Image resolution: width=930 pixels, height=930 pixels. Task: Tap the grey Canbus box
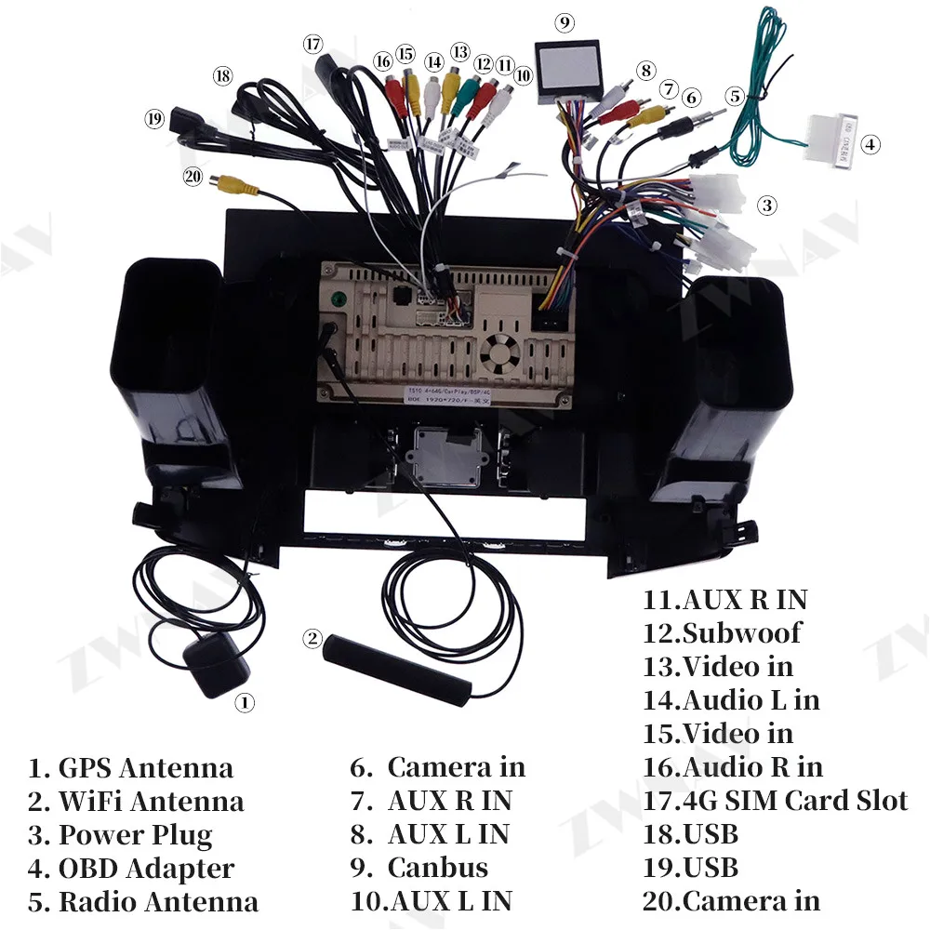click(567, 68)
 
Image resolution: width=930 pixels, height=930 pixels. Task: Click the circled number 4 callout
click(870, 144)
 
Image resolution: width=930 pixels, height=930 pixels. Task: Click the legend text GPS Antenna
click(145, 768)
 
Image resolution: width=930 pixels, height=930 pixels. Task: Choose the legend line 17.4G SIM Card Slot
click(775, 800)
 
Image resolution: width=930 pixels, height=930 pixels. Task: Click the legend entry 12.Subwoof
click(722, 633)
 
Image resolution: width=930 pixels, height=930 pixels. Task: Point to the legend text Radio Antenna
click(158, 901)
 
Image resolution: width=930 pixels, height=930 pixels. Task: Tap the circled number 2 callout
click(312, 639)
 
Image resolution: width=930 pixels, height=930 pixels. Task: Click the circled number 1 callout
click(244, 703)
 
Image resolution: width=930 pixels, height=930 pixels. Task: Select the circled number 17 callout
click(312, 44)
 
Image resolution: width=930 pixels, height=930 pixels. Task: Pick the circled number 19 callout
click(153, 119)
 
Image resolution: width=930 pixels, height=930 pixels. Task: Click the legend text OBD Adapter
click(146, 868)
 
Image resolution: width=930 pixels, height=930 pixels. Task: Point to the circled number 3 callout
click(766, 206)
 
